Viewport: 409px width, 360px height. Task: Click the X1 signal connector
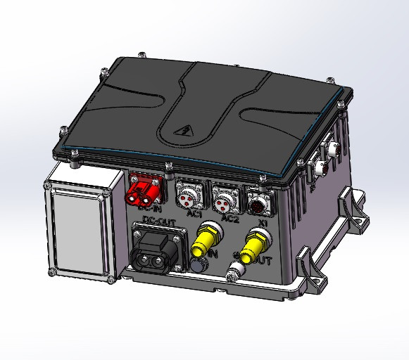pyautogui.click(x=260, y=202)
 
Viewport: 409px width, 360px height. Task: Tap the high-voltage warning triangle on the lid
pyautogui.click(x=186, y=131)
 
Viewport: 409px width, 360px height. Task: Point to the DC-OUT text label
pyautogui.click(x=156, y=221)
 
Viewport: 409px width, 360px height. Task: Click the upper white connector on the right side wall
pyautogui.click(x=332, y=149)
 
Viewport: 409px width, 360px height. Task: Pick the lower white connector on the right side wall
pyautogui.click(x=319, y=168)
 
